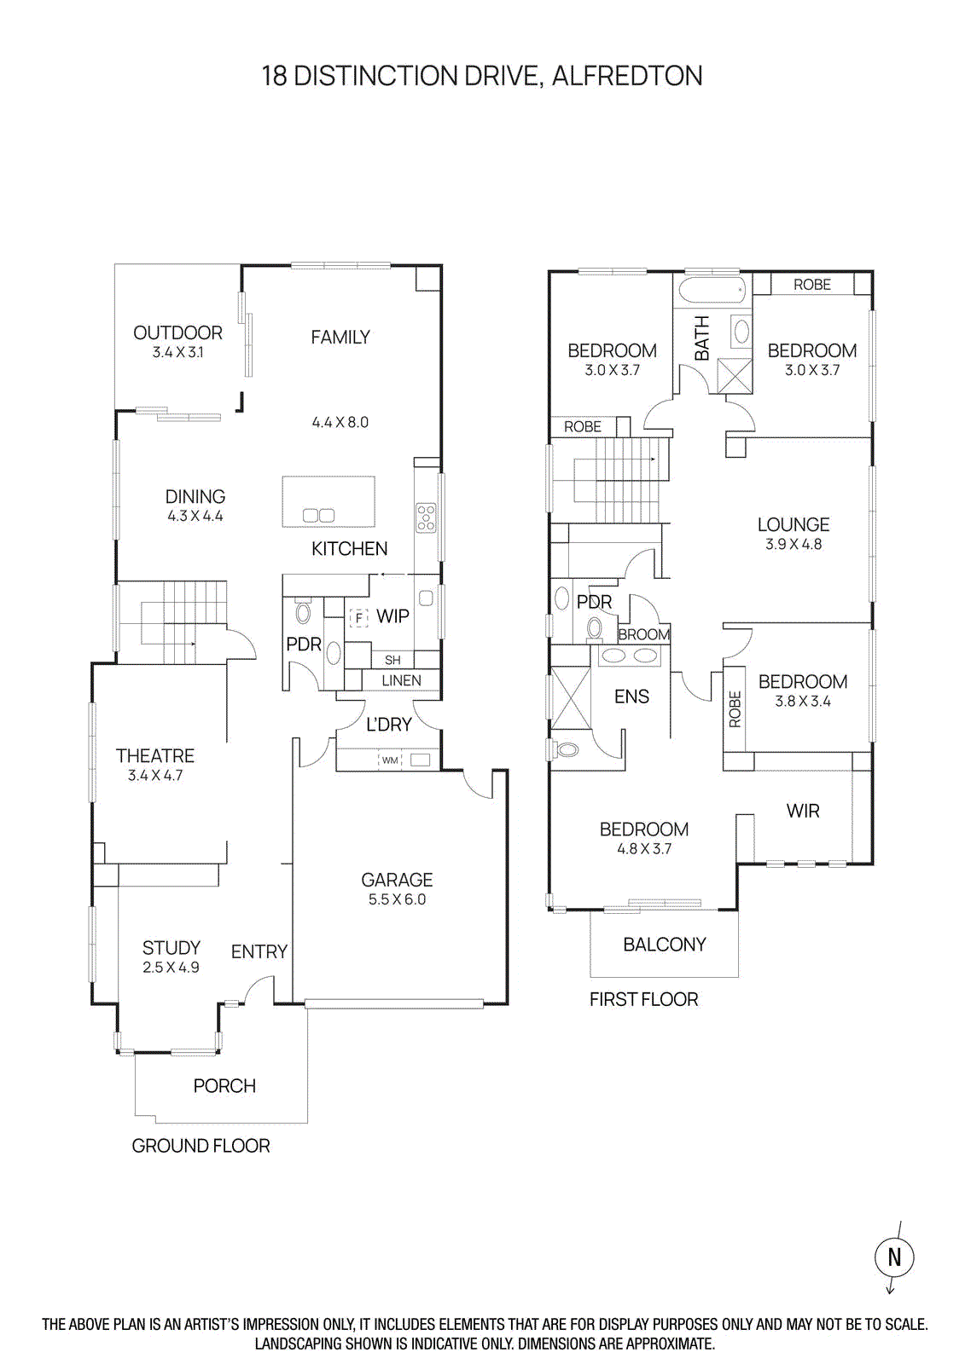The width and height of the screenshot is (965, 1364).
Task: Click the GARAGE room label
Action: (397, 880)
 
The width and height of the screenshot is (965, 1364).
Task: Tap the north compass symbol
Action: (893, 1257)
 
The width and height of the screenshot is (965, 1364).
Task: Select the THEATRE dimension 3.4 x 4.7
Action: (155, 776)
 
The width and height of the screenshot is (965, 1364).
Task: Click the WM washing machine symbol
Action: (390, 760)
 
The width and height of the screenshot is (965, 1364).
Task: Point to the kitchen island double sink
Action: (318, 515)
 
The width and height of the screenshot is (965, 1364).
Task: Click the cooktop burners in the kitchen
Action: (425, 517)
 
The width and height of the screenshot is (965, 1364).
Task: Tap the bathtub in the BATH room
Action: (712, 290)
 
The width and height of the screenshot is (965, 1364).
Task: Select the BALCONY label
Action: (665, 945)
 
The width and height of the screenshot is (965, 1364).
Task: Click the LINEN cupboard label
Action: (401, 680)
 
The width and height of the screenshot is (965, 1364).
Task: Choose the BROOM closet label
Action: (644, 634)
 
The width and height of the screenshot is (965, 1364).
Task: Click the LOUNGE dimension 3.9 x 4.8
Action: (794, 545)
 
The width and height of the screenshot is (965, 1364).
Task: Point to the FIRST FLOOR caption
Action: (643, 999)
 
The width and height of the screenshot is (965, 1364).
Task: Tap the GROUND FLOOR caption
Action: (201, 1146)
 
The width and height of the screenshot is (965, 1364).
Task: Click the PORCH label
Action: (224, 1086)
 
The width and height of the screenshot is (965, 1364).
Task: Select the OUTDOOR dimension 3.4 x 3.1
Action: (177, 353)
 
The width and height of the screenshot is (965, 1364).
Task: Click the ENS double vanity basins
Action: (630, 656)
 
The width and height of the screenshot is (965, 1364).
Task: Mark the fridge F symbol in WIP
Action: (359, 616)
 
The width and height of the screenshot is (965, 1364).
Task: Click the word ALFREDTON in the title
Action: (627, 76)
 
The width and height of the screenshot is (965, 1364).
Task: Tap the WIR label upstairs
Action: (803, 811)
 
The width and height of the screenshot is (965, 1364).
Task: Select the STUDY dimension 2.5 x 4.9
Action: (171, 968)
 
